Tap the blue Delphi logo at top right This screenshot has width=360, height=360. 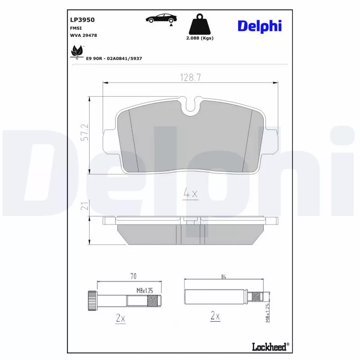coord(259,26)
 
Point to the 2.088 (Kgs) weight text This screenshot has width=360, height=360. coord(200,38)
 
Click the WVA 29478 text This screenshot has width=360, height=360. coord(83,35)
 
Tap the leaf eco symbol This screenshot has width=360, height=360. coord(76,52)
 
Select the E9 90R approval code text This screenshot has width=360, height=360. coord(114,59)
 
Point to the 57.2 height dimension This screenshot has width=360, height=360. coord(84,133)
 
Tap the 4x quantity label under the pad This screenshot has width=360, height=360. coord(190,194)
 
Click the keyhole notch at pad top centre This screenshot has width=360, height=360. coord(191,106)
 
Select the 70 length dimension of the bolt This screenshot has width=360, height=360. coord(133,276)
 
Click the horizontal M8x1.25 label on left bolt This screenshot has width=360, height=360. coord(145,291)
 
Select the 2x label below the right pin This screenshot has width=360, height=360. coord(215,316)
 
